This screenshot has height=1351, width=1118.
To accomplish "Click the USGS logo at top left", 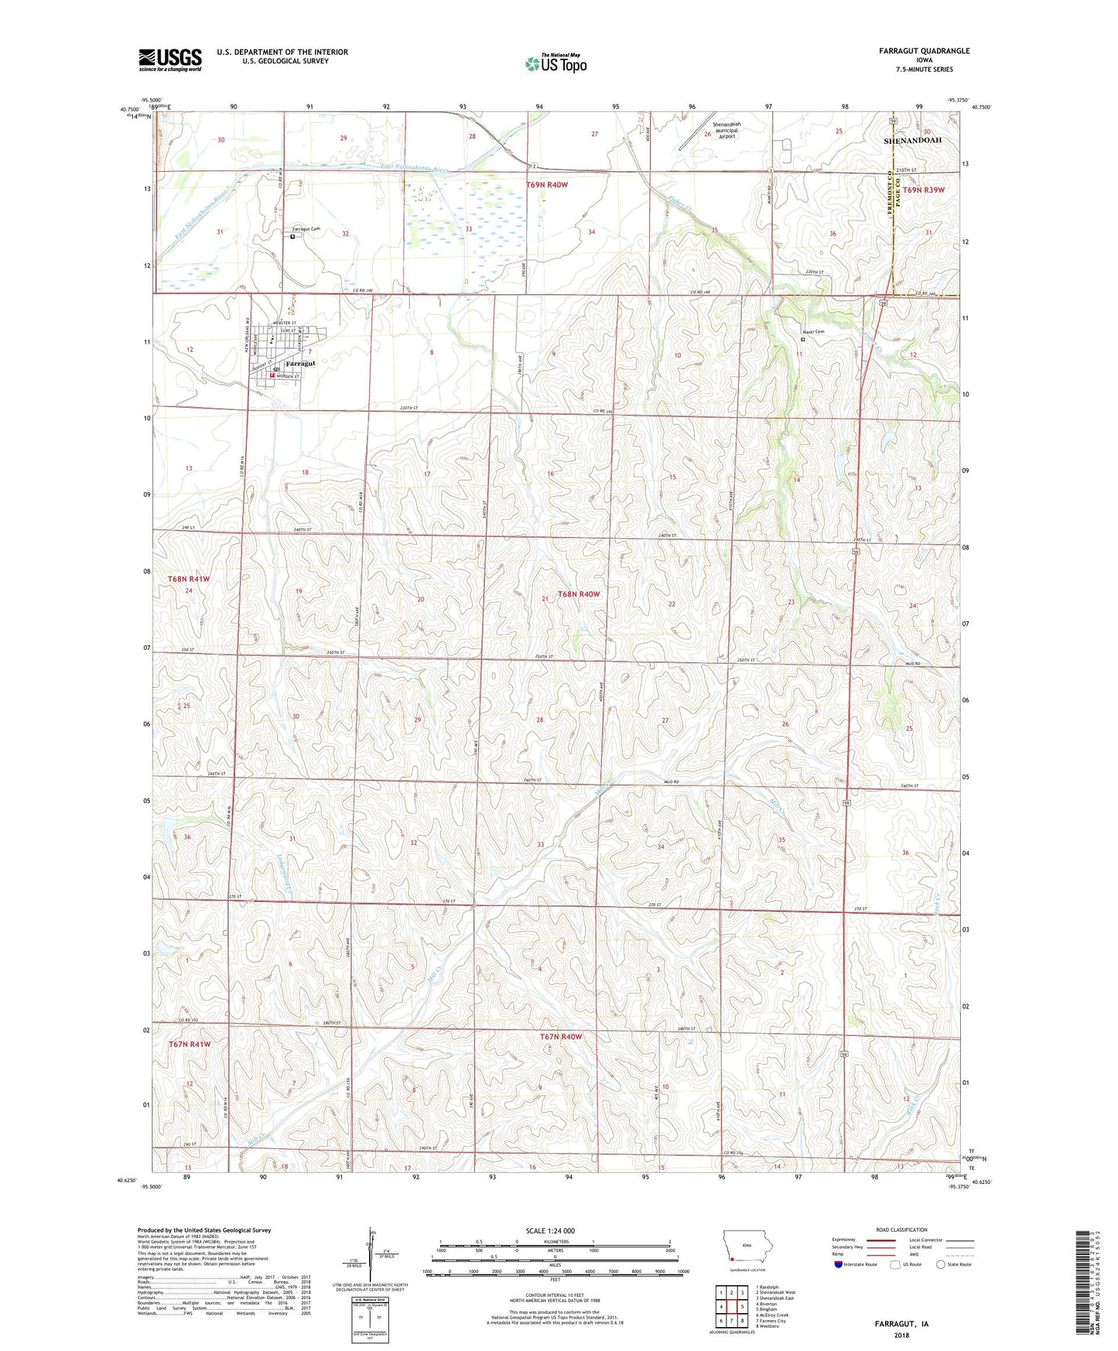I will point(170,60).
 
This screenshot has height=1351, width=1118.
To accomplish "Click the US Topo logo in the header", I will point(556,63).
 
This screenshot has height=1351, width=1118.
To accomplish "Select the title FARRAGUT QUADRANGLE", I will point(924,51).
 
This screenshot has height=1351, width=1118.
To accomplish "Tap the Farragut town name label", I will point(300,363).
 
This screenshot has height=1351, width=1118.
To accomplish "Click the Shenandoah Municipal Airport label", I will point(726,130).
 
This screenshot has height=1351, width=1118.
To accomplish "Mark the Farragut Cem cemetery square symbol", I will point(292,238).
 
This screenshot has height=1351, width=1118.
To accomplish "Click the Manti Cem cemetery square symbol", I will point(802,339).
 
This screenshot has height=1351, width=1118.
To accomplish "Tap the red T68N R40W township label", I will point(578,593).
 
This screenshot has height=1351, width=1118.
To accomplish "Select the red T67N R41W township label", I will point(189,1044).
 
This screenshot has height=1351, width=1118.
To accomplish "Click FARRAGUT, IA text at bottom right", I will point(901,1324).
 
